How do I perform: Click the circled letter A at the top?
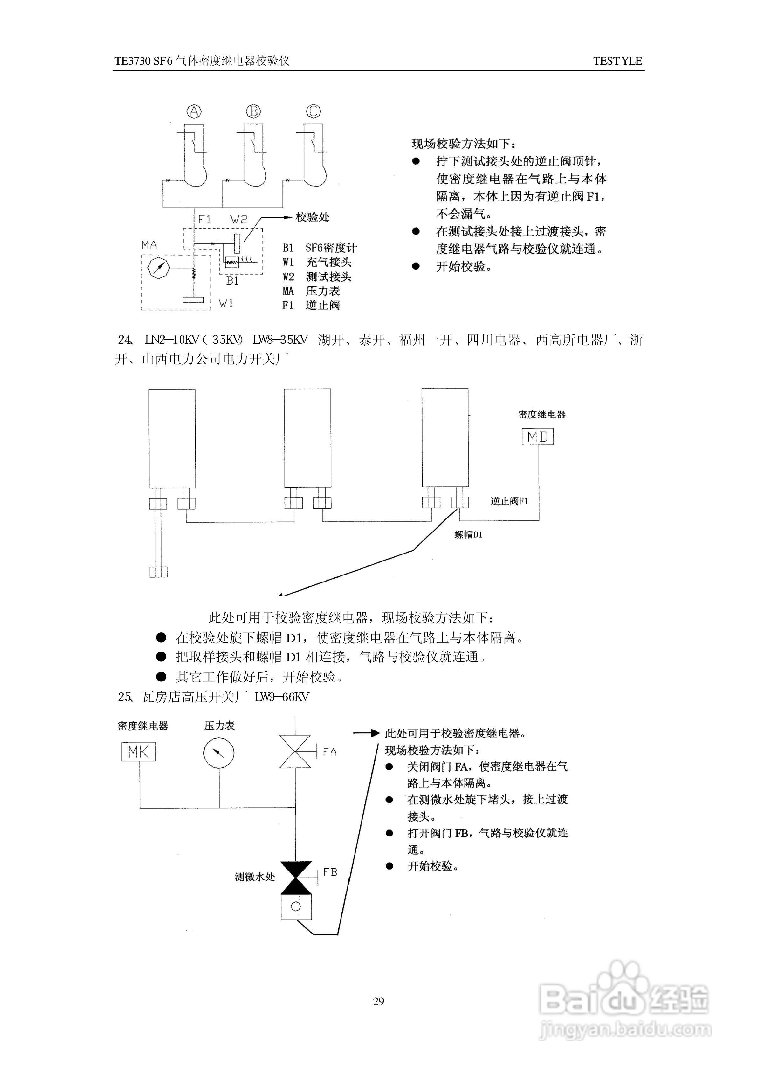pos(194,112)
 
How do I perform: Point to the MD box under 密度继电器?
pos(537,437)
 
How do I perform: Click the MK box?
pos(138,751)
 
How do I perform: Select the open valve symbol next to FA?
pos(295,751)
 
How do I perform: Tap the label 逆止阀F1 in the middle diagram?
pos(509,501)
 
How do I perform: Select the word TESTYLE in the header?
pos(617,61)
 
